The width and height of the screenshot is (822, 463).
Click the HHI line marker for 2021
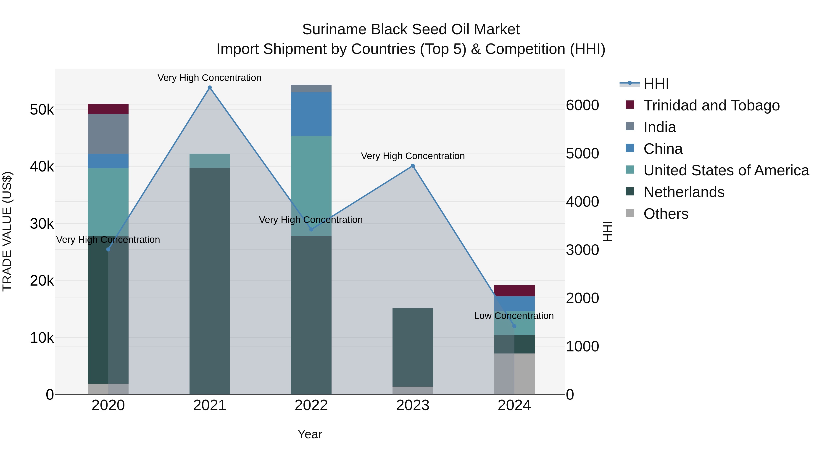[210, 88]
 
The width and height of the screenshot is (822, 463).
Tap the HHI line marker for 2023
[413, 166]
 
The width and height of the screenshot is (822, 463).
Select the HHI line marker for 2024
[514, 326]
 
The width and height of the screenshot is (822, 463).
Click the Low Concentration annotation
[514, 316]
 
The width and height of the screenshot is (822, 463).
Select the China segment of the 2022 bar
[311, 114]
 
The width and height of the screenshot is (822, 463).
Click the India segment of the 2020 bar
[108, 134]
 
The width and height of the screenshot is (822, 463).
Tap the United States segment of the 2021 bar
[210, 161]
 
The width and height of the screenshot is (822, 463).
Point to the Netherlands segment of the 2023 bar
[413, 347]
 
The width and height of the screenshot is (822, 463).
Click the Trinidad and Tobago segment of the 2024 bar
[514, 291]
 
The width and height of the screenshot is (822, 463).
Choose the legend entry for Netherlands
[683, 192]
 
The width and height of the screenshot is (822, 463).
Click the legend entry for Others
[666, 214]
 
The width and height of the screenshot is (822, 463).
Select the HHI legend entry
[656, 84]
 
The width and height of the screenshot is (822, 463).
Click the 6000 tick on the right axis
[582, 105]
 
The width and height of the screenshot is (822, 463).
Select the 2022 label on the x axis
[311, 405]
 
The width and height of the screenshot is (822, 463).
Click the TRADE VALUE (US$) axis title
[7, 231]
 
